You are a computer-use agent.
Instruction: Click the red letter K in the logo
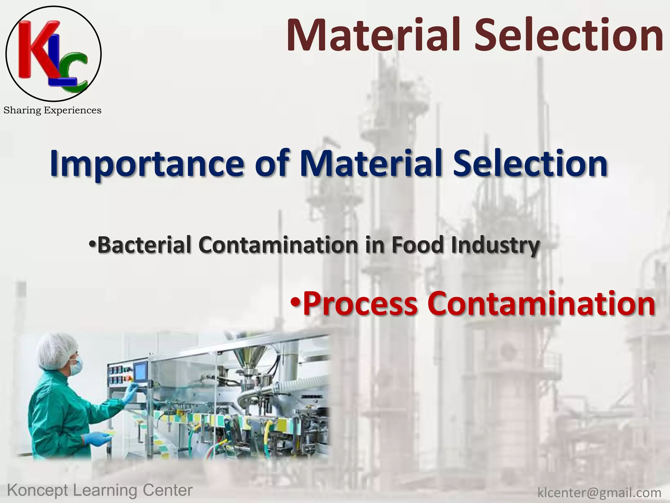pos(36,49)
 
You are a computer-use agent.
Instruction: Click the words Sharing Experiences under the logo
pos(52,110)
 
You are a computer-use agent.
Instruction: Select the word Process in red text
pos(360,304)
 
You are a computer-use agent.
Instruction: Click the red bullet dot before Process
pos(295,302)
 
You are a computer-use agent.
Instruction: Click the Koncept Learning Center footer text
pos(100,490)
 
